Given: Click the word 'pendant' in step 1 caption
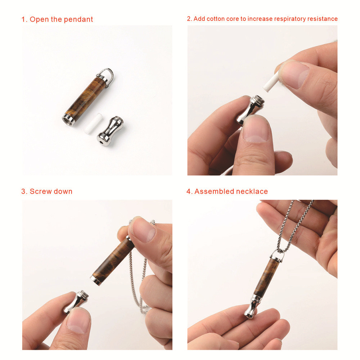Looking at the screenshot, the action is pyautogui.click(x=78, y=19).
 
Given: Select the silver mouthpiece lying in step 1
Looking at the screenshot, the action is pyautogui.click(x=110, y=131).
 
